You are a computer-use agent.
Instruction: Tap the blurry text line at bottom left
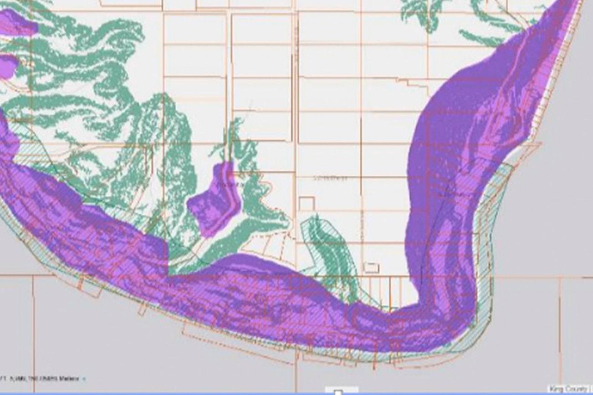[41, 379]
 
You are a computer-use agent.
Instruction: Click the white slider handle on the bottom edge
[338, 392]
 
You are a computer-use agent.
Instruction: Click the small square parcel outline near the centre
[307, 203]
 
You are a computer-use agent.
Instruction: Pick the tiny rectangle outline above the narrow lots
[371, 268]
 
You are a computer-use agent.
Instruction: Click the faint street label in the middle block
[330, 178]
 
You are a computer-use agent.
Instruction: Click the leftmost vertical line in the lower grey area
[33, 328]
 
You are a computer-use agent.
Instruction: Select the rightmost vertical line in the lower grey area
[560, 328]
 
